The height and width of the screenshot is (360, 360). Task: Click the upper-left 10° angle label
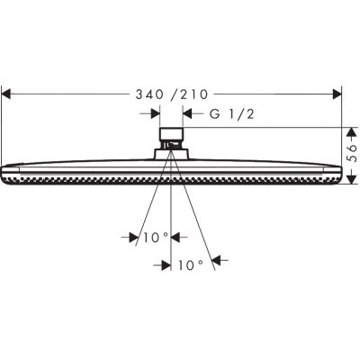(154, 238)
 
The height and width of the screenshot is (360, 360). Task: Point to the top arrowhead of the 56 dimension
(343, 131)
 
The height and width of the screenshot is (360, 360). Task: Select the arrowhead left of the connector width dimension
(156, 114)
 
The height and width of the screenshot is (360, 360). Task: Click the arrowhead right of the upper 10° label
(175, 238)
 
